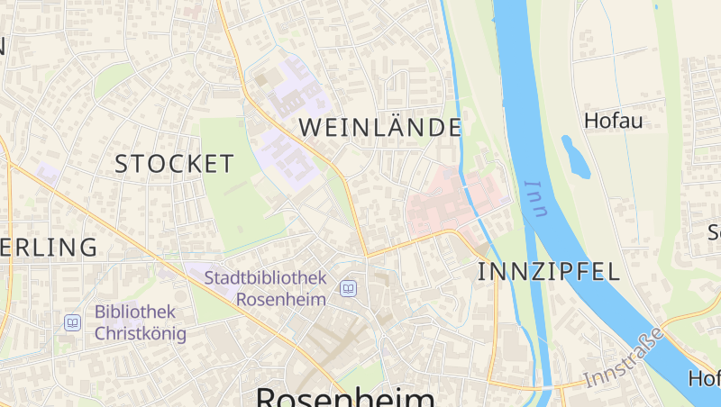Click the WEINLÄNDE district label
[x=379, y=128]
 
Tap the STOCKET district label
[x=174, y=164]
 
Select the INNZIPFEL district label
[x=548, y=272]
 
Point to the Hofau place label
[x=613, y=121]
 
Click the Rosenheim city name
[x=345, y=397]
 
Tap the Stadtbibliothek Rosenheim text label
[x=265, y=288]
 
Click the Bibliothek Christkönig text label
[x=140, y=323]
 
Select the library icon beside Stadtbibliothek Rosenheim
[x=348, y=289]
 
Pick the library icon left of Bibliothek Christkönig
[x=72, y=321]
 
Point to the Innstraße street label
[x=624, y=358]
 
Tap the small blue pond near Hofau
[x=575, y=156]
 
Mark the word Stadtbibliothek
[x=265, y=277]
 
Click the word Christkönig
[x=140, y=334]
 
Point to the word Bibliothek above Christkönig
[x=135, y=312]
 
